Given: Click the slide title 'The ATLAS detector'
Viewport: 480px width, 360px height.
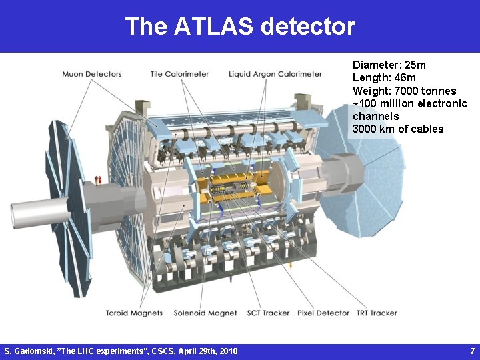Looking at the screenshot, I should click(239, 27).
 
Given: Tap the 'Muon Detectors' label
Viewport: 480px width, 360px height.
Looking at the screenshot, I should click(92, 74).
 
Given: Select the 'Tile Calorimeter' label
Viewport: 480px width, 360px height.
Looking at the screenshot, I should click(179, 74).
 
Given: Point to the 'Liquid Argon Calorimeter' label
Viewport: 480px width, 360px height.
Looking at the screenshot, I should click(275, 74).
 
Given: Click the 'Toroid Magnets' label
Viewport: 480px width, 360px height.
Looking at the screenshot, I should click(135, 313).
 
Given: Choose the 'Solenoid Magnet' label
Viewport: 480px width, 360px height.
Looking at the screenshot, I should click(205, 313).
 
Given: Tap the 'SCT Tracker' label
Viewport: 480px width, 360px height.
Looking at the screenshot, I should click(267, 313).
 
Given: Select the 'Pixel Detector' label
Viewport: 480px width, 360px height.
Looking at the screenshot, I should click(323, 313).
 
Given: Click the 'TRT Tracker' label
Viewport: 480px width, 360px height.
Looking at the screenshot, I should click(377, 313).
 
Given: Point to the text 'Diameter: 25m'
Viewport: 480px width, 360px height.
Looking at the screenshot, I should click(389, 65).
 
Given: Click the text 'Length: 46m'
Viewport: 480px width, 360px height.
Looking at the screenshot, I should click(384, 78).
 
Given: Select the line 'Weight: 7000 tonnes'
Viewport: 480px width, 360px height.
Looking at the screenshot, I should click(404, 91).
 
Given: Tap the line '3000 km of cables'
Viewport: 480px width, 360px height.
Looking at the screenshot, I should click(398, 129).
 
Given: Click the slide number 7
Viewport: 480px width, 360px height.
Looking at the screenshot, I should click(472, 351).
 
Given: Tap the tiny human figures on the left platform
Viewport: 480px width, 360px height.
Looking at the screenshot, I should click(97, 179).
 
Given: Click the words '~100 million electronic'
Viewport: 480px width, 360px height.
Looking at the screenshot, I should click(409, 103).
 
